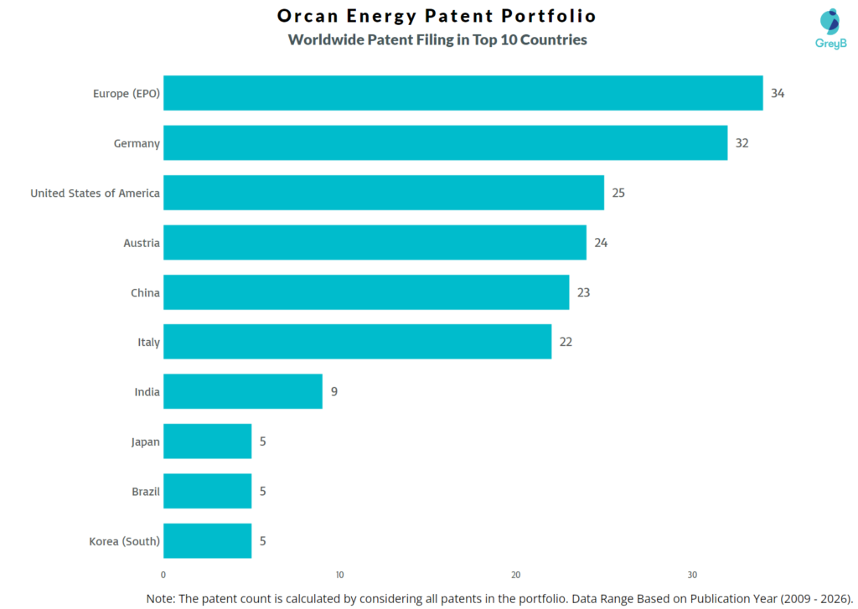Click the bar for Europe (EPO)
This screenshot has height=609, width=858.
coord(463,93)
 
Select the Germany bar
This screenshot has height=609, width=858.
coord(445,143)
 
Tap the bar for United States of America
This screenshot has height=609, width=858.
coord(383,193)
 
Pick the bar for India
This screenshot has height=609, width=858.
coord(242,391)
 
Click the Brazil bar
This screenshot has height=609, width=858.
coord(207,491)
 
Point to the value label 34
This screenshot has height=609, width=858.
coord(778,93)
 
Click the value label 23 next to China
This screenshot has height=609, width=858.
coord(584,292)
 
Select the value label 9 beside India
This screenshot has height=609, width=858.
coord(333,391)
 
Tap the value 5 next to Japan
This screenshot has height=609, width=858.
coord(262,441)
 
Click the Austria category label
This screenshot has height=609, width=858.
coord(142,243)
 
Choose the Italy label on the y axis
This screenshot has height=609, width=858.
coord(149,342)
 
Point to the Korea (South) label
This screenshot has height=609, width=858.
coord(124,541)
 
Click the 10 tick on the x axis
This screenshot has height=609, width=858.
coord(339,575)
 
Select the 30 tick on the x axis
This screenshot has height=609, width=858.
coord(692,575)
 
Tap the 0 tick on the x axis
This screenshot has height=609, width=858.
coord(163,575)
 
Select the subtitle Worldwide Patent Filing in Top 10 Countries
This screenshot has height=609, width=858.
coord(437,39)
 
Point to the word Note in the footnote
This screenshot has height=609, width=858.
coord(161,598)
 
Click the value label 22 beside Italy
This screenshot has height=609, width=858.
coord(566,342)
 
